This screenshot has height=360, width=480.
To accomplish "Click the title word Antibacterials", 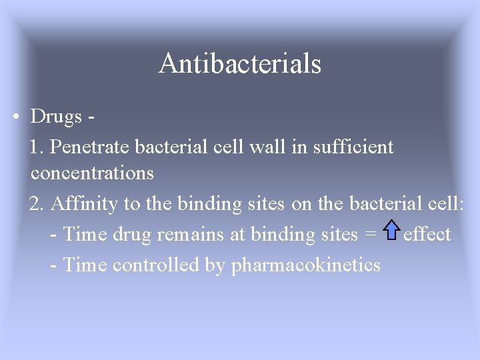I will coord(240,64).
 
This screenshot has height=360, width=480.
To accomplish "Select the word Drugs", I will coord(56,116).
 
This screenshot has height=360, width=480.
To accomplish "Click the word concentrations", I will coord(92,173).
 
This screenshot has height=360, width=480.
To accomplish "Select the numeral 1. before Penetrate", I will coord(37,147).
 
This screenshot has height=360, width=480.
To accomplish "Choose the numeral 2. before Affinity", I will coord(37,203).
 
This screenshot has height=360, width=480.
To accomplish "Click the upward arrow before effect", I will coord(391,231).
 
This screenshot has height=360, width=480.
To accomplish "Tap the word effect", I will coord(427,235).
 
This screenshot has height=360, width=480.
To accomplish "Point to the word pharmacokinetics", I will coord(305,266).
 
